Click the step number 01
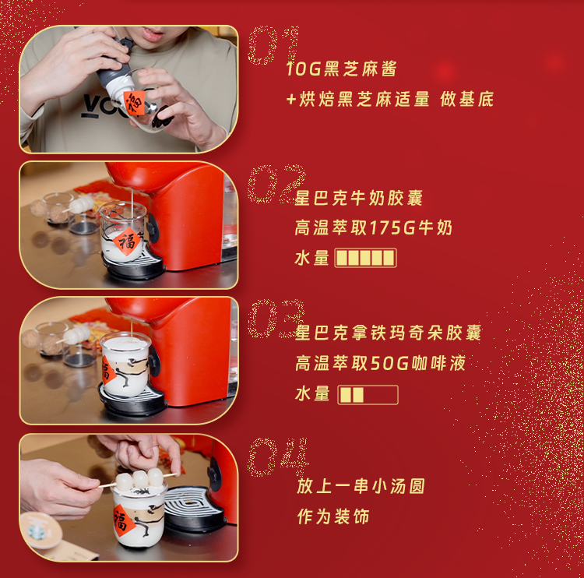point(274,45)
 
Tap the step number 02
point(276,184)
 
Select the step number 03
point(276,319)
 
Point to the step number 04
point(278,457)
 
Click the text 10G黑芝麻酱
point(341,69)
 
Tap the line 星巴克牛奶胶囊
point(359,198)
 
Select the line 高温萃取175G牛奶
point(374,227)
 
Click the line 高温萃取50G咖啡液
point(380,363)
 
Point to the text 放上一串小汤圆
point(361,486)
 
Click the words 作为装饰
point(333,516)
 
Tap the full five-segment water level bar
point(365,258)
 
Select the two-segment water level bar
point(368,395)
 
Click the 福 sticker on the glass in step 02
point(127,242)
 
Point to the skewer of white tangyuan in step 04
point(139,479)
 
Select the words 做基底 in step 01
point(466,99)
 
